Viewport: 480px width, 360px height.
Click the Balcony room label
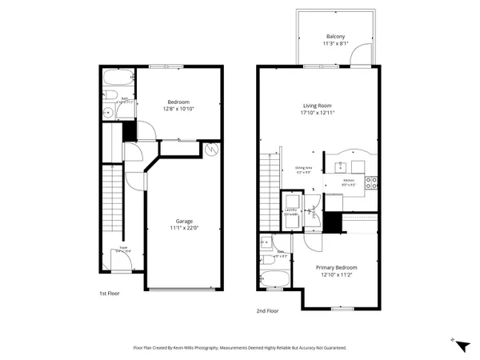pos(336,37)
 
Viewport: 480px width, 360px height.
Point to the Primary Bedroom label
pos(336,267)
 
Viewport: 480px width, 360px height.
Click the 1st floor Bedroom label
pos(178,102)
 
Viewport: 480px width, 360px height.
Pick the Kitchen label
pos(349,181)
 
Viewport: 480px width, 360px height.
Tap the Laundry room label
pos(291,210)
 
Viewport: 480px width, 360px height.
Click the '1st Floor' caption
pos(110,294)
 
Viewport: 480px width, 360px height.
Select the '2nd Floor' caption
pos(267,310)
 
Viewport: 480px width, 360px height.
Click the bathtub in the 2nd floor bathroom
pos(277,280)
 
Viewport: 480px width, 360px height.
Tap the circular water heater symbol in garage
pos(211,149)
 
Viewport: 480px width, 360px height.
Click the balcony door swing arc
pos(364,54)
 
